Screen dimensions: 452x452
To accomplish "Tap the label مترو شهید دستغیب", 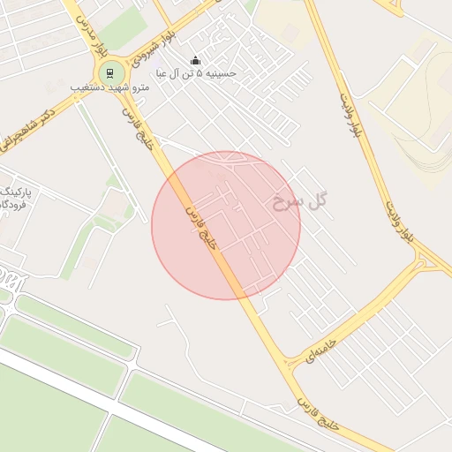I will (x=105, y=88).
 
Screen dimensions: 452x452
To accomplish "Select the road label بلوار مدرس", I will (x=87, y=20).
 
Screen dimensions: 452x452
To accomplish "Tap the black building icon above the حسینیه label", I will (x=195, y=60).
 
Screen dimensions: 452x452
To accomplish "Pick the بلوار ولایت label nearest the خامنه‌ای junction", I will (x=398, y=221).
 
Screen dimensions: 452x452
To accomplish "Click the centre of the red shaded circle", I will (x=226, y=226).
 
